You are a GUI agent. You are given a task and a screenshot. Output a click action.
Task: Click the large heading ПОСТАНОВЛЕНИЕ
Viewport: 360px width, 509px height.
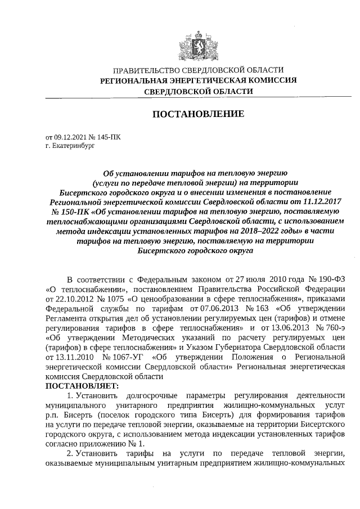coord(199,114)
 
